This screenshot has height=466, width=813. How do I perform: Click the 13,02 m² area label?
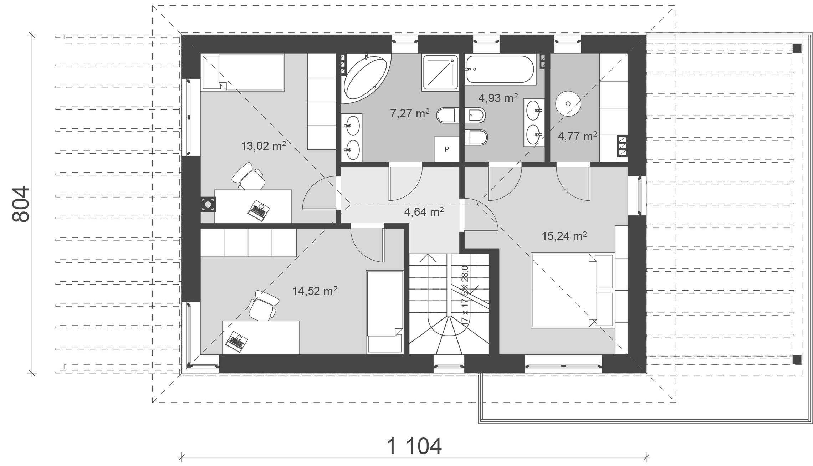tap(264, 145)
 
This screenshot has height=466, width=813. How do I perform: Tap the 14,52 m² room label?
tap(315, 291)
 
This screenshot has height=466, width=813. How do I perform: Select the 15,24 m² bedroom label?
tap(564, 236)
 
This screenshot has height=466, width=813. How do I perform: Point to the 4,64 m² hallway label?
tap(424, 212)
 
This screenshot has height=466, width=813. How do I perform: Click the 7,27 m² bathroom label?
tap(410, 113)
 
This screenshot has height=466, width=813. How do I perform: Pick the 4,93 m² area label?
tap(498, 98)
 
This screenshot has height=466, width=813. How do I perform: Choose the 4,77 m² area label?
tap(577, 136)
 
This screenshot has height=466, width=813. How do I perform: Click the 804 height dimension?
tap(21, 204)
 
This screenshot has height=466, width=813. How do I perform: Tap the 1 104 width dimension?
tap(414, 446)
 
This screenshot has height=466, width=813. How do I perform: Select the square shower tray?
tap(440, 72)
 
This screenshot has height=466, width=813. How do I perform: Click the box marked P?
tap(446, 149)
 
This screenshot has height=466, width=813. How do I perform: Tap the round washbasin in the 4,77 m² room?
tap(568, 103)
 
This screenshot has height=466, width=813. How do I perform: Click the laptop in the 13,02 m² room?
tap(259, 210)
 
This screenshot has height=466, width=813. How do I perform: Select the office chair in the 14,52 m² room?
tap(263, 306)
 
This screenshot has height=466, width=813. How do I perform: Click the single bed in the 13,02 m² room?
tap(243, 72)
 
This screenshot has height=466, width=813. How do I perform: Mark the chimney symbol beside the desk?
tap(207, 205)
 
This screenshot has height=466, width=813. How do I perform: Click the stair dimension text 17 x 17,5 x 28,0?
tap(465, 295)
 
